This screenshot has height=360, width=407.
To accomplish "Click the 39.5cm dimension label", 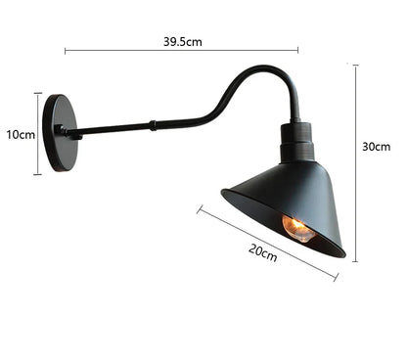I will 183,41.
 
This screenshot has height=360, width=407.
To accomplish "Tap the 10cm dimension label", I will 20,134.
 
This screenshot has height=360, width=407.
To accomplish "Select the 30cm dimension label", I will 376,147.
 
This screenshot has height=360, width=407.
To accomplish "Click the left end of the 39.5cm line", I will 65,50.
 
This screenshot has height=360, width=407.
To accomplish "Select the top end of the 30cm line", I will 354,66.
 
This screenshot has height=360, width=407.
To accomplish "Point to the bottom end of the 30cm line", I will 354,261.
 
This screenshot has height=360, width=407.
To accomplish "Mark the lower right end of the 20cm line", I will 337,281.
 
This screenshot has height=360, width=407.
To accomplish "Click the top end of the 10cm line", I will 38,94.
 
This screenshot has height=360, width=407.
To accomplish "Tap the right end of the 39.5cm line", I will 298,50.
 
